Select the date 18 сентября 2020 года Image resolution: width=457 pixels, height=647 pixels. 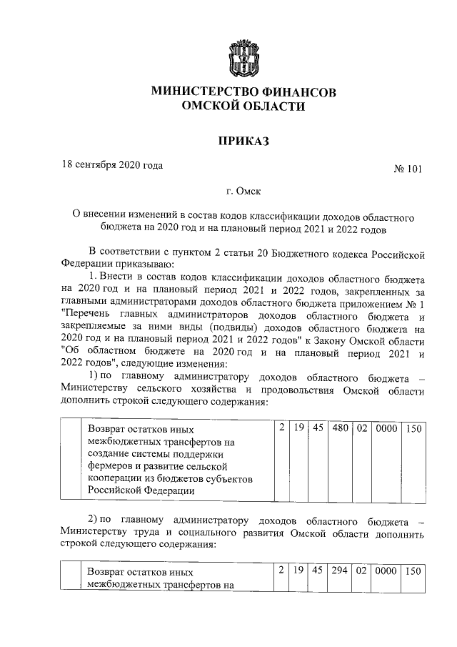(x=112, y=165)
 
